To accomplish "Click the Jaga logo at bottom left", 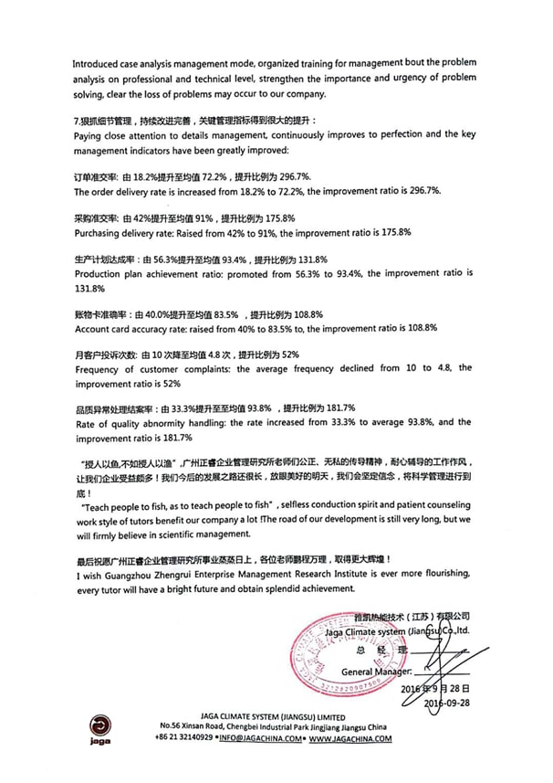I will pyautogui.click(x=101, y=727).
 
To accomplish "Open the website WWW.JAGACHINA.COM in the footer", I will pyautogui.click(x=350, y=737).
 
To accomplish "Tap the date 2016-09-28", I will pyautogui.click(x=447, y=704).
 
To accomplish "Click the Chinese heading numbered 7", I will pyautogui.click(x=194, y=121).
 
